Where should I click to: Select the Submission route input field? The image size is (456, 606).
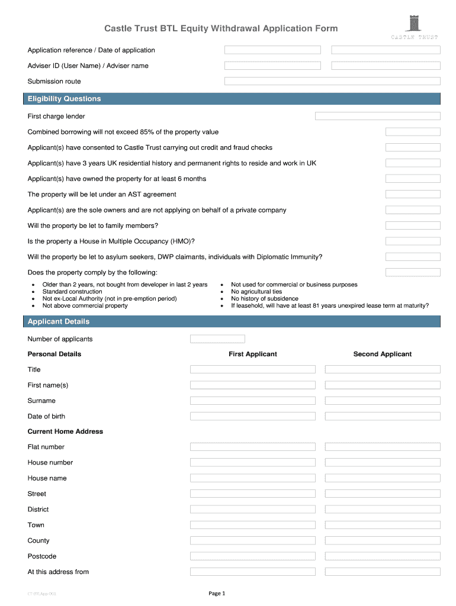(332, 81)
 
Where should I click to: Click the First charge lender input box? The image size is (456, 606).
(377, 117)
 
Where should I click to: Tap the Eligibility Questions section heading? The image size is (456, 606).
(65, 99)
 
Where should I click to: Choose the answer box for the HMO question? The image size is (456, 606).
(413, 241)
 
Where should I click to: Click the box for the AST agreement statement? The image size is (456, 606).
(413, 194)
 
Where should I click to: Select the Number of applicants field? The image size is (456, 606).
(217, 339)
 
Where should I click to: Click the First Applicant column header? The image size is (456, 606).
(253, 354)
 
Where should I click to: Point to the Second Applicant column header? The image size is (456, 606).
(382, 354)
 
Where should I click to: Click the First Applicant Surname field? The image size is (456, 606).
(253, 401)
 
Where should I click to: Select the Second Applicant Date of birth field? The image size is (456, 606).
(383, 416)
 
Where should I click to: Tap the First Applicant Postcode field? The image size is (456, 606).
(253, 556)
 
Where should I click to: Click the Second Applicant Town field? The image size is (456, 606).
(383, 525)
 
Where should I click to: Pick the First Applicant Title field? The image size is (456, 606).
(253, 369)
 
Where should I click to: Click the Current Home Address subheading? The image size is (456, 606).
(65, 431)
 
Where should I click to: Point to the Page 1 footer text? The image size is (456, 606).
(217, 593)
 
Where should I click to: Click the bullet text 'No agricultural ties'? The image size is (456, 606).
(256, 292)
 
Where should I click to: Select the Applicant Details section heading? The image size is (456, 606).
(59, 321)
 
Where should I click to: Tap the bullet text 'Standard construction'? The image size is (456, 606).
(72, 292)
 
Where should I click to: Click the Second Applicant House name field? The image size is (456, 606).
(383, 478)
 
